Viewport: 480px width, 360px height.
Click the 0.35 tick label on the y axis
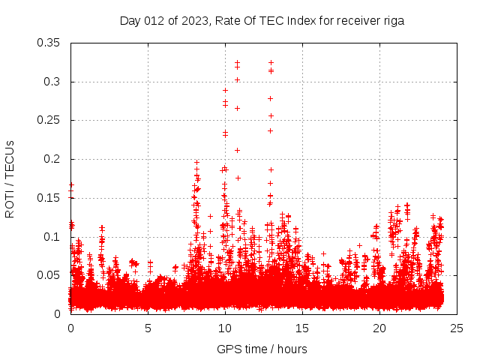pyautogui.click(x=49, y=43)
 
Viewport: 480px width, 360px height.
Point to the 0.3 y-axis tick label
pyautogui.click(x=52, y=82)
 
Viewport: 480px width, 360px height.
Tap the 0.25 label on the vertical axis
pyautogui.click(x=49, y=120)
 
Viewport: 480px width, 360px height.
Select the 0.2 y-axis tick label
pyautogui.click(x=52, y=159)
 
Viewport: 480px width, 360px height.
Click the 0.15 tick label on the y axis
pyautogui.click(x=49, y=198)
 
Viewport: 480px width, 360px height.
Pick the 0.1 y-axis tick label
pyautogui.click(x=52, y=237)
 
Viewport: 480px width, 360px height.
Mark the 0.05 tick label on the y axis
pyautogui.click(x=49, y=275)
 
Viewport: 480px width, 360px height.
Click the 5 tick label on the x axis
pyautogui.click(x=148, y=328)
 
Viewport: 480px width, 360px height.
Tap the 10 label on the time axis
pyautogui.click(x=225, y=328)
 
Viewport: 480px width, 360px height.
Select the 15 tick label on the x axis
pyautogui.click(x=302, y=328)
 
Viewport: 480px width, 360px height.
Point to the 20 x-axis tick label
pyautogui.click(x=379, y=328)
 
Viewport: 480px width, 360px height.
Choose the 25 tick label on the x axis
pyautogui.click(x=457, y=328)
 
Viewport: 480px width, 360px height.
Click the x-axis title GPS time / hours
pyautogui.click(x=262, y=349)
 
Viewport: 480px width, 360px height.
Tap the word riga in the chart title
pyautogui.click(x=394, y=21)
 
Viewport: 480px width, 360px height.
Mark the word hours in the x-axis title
pyautogui.click(x=292, y=349)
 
